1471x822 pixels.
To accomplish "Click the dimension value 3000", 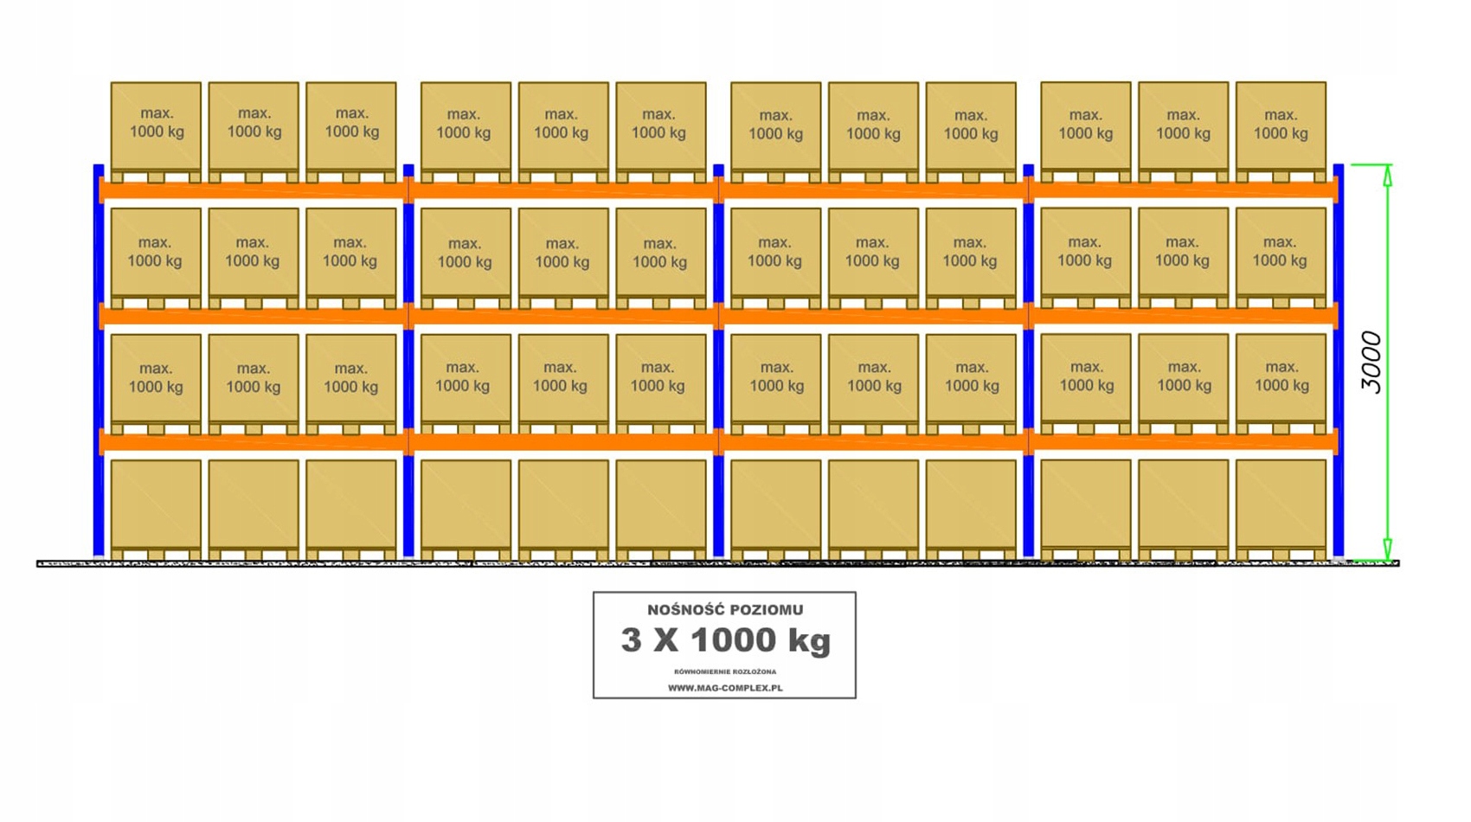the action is pos(1371,362).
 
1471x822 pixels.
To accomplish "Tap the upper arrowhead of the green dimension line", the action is pos(1387,176).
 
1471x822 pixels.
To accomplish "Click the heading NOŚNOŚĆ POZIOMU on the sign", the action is pos(725,610).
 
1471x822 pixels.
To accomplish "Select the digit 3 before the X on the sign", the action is pos(632,640).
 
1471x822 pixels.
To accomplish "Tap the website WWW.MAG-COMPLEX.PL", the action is pos(725,688).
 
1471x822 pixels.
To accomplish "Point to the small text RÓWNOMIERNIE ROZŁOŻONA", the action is pos(725,671).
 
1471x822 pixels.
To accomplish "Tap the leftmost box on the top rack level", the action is pos(156,125).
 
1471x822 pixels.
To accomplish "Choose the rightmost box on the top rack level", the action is pos(1281,125).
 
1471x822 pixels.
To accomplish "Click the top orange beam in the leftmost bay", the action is pos(254,189).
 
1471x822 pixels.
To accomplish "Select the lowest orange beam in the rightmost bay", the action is pos(1183,442).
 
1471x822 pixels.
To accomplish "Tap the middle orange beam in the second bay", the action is pos(563,317).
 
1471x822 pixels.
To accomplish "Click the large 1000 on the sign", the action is pos(733,640).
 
